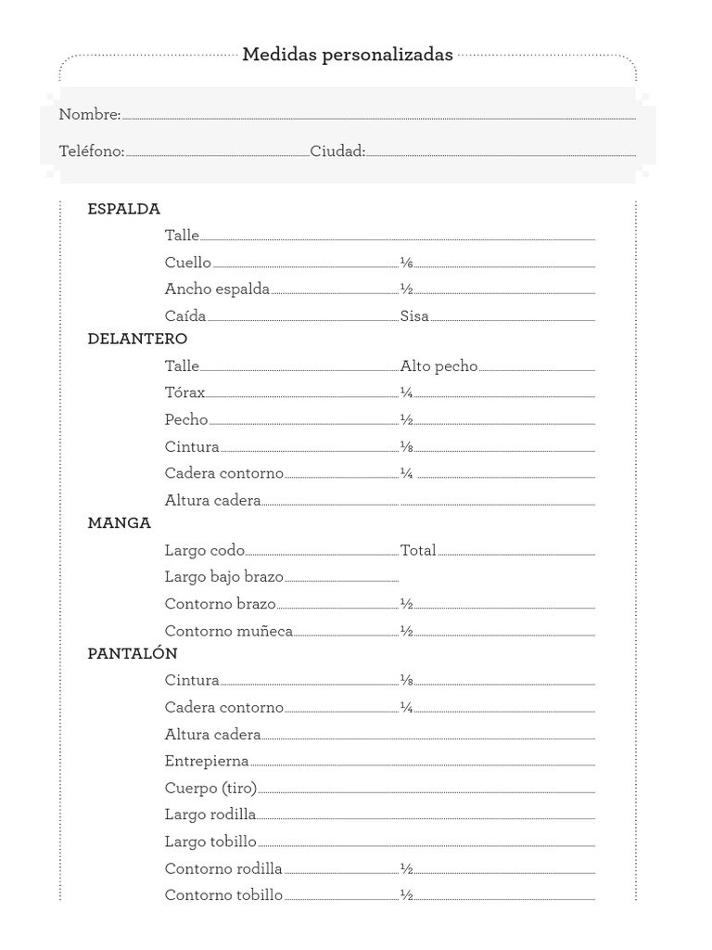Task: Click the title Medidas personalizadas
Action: tap(348, 55)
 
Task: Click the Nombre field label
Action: tap(89, 115)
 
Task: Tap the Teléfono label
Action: tap(91, 151)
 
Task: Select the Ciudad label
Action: tap(337, 151)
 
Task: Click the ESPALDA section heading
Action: tap(123, 209)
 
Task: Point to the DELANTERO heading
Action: tap(137, 339)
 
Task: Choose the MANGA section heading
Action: tap(119, 523)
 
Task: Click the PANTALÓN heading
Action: tap(132, 653)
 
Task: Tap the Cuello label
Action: tap(187, 263)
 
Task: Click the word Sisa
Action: tap(414, 315)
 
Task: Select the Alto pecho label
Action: tap(439, 366)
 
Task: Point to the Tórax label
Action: tap(184, 392)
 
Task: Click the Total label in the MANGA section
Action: tap(417, 550)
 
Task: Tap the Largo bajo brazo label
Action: tap(223, 577)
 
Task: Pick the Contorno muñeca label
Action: tap(228, 631)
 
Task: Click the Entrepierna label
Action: tap(207, 761)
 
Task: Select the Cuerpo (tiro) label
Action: tap(210, 788)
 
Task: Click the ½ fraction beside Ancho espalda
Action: tap(406, 289)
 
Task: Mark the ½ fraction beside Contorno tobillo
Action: tap(406, 895)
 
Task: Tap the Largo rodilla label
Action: tap(210, 815)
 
